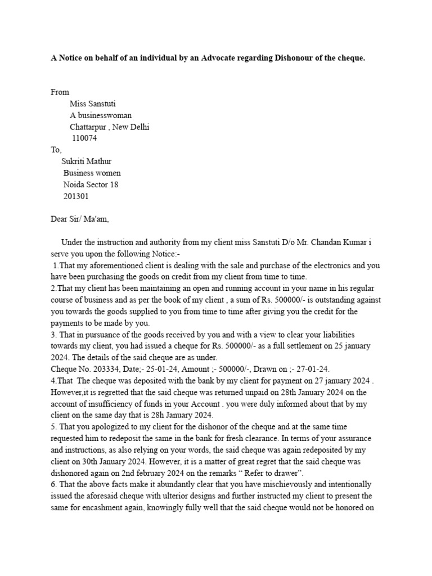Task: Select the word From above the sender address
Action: pos(60,92)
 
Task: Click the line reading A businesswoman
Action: pos(100,115)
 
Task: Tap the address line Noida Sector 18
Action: pos(91,185)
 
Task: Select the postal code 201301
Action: pos(75,197)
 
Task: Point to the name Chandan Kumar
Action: pos(342,243)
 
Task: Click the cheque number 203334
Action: pos(104,369)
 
